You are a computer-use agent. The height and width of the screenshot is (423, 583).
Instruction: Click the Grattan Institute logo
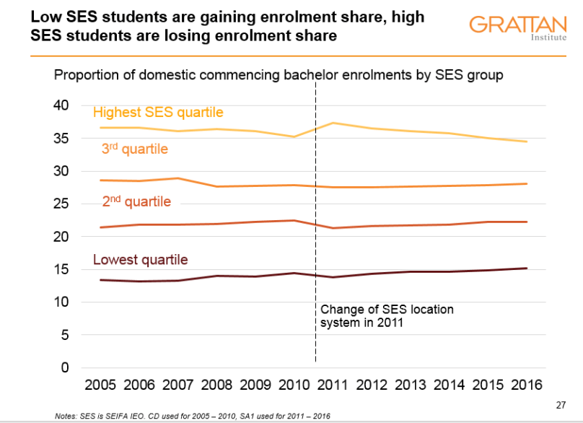515,27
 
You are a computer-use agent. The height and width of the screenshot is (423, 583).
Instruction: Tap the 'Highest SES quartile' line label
158,113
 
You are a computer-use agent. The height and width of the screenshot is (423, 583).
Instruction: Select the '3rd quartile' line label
135,149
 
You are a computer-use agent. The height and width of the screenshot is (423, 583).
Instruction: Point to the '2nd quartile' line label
137,201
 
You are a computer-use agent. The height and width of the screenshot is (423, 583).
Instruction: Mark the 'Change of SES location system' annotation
387,316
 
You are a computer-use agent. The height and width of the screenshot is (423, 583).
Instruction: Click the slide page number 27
562,404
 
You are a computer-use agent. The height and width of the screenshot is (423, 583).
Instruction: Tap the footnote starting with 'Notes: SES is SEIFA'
193,416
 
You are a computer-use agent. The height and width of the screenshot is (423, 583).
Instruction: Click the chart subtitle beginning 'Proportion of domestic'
279,75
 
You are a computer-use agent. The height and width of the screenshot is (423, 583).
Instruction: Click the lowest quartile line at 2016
526,269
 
